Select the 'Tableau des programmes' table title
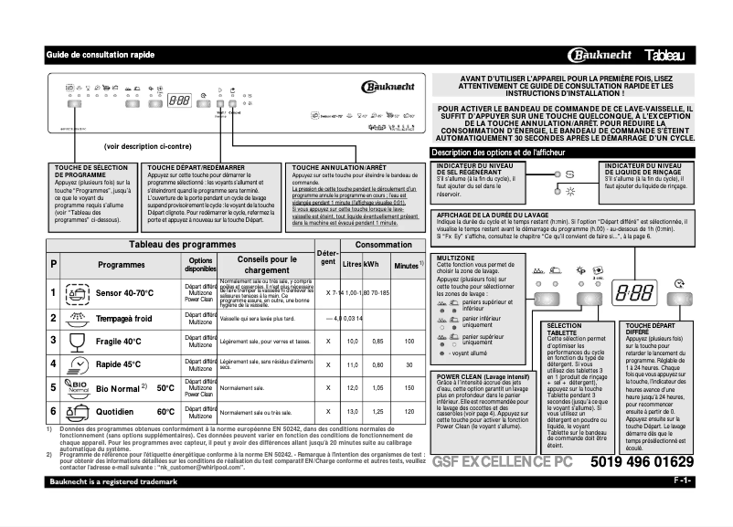click(x=169, y=246)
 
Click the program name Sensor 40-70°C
click(x=125, y=292)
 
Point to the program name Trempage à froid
click(x=124, y=318)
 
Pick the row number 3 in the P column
click(x=53, y=341)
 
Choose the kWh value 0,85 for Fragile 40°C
click(x=375, y=341)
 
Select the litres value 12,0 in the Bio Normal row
click(x=348, y=387)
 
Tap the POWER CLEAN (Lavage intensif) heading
click(x=482, y=376)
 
